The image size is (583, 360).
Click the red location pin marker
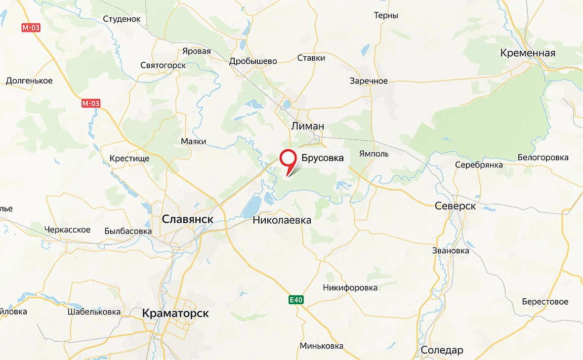click(x=287, y=159)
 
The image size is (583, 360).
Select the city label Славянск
click(x=188, y=218)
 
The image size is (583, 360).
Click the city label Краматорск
click(x=175, y=313)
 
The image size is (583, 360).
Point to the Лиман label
click(x=307, y=126)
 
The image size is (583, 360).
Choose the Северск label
click(x=455, y=206)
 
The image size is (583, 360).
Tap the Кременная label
click(x=527, y=53)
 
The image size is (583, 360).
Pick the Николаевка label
click(x=282, y=220)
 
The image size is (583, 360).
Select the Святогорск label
click(x=163, y=65)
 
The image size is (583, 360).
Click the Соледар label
click(x=442, y=350)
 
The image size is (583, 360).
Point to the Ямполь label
click(x=374, y=154)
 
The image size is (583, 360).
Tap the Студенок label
click(x=122, y=19)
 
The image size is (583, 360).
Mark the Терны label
click(x=386, y=15)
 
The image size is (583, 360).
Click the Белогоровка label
click(x=542, y=158)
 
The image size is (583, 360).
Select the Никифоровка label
click(x=350, y=287)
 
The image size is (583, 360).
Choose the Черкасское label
click(x=67, y=230)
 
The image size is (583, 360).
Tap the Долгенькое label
click(x=29, y=80)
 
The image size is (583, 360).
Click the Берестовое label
click(x=545, y=301)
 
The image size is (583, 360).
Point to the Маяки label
click(x=193, y=142)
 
